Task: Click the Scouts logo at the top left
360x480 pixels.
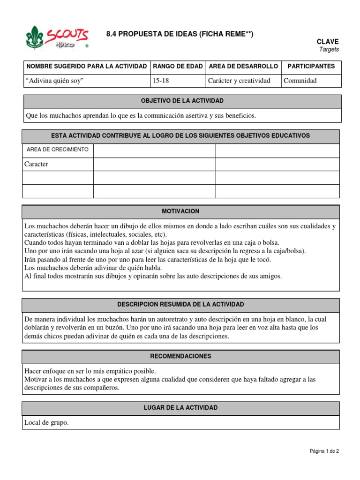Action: coord(56,37)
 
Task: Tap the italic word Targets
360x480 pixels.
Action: coord(329,49)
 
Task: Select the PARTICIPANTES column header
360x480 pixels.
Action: coord(311,67)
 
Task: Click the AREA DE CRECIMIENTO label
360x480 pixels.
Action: coord(58,150)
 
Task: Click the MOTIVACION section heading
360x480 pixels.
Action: coord(180,212)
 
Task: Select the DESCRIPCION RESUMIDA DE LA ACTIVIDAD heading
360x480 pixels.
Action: coord(180,305)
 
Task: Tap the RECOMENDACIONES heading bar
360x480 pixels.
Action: coord(180,356)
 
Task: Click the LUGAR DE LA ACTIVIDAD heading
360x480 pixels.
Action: coord(180,408)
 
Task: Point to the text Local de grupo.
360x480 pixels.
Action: coord(46,422)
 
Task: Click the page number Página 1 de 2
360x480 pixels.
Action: coord(324,451)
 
